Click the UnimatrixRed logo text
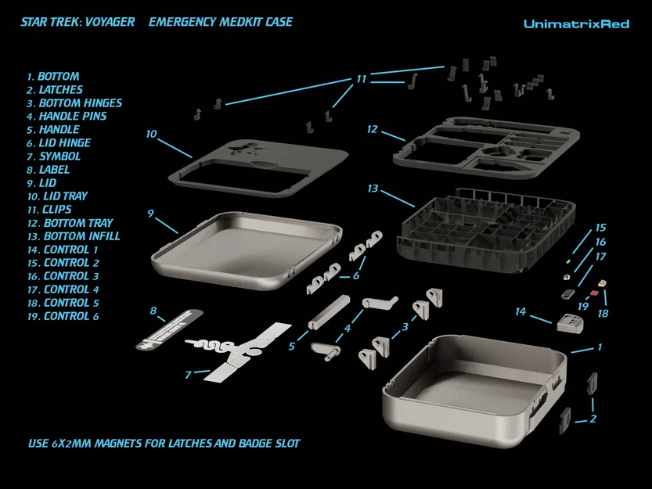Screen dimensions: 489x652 576,24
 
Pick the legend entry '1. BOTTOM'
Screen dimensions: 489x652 53,77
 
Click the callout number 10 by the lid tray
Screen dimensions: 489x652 151,134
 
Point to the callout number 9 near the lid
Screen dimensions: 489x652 150,213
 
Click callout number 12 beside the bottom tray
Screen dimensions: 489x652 372,129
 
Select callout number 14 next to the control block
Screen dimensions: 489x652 520,311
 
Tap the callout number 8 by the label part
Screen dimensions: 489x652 153,311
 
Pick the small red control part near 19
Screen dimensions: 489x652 594,294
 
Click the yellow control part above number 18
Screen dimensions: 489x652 601,283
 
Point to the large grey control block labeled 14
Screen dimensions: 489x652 571,322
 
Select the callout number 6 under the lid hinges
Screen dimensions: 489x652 356,275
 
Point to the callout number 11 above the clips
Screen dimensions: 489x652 361,79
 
